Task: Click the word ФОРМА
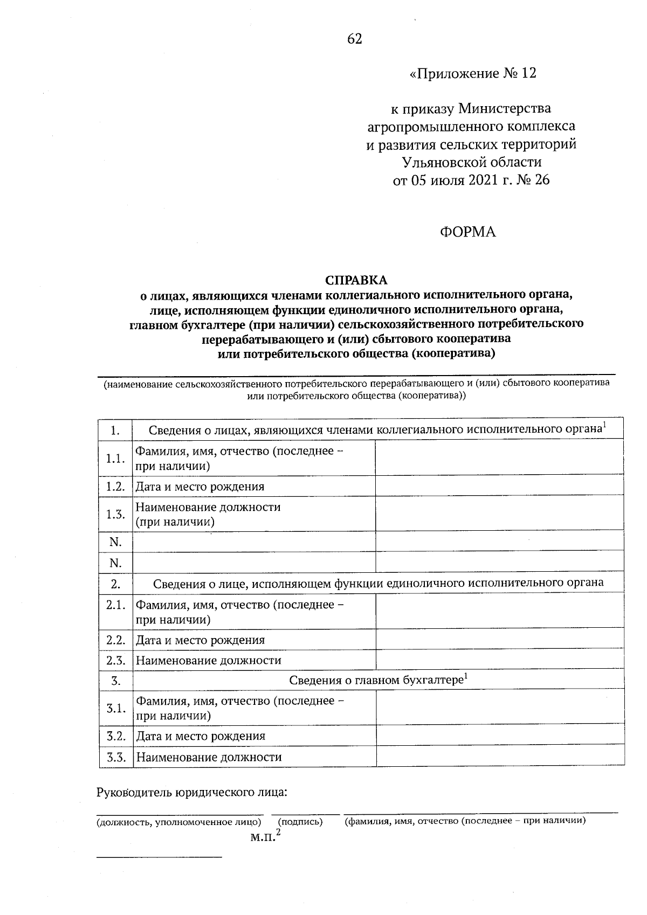click(x=467, y=232)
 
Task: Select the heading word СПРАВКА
click(x=356, y=280)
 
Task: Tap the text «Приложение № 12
click(x=473, y=73)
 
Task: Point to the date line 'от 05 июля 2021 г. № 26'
click(x=471, y=180)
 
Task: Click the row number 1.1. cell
click(x=115, y=458)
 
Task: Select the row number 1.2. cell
click(x=115, y=486)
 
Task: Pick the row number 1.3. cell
click(x=115, y=514)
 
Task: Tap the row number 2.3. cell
click(x=115, y=660)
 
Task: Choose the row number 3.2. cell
click(x=116, y=736)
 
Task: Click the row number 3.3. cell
click(x=116, y=757)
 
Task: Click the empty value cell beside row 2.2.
click(x=499, y=640)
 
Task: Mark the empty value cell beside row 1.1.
click(x=499, y=458)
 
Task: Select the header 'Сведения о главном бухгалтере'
click(x=378, y=680)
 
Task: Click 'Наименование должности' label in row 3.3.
click(x=209, y=757)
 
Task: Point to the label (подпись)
click(x=300, y=822)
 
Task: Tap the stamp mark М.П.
click(x=263, y=838)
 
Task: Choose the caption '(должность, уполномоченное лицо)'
click(x=179, y=822)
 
